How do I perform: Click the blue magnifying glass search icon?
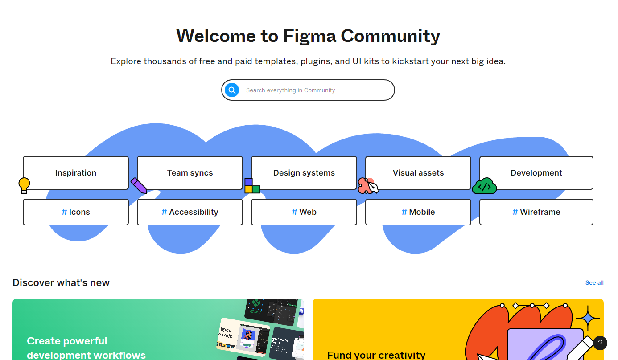tap(231, 90)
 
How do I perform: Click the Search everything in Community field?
tap(312, 90)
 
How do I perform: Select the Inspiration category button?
tap(76, 173)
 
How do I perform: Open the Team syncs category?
tap(190, 173)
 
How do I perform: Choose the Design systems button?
tap(304, 173)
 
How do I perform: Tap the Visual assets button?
tap(418, 173)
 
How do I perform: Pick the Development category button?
tap(536, 173)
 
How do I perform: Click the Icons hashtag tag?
tap(76, 212)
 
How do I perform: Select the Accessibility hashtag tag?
tap(190, 212)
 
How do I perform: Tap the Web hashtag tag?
tap(304, 212)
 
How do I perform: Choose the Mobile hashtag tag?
tap(418, 212)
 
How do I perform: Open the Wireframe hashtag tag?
tap(536, 212)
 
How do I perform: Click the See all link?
tap(594, 283)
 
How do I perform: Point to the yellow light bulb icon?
tap(24, 185)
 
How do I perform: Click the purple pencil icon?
tap(139, 185)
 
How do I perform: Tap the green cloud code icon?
tap(484, 186)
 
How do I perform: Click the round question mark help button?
tap(600, 343)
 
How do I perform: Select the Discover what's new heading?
tap(61, 283)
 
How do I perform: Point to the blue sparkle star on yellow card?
tap(588, 318)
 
